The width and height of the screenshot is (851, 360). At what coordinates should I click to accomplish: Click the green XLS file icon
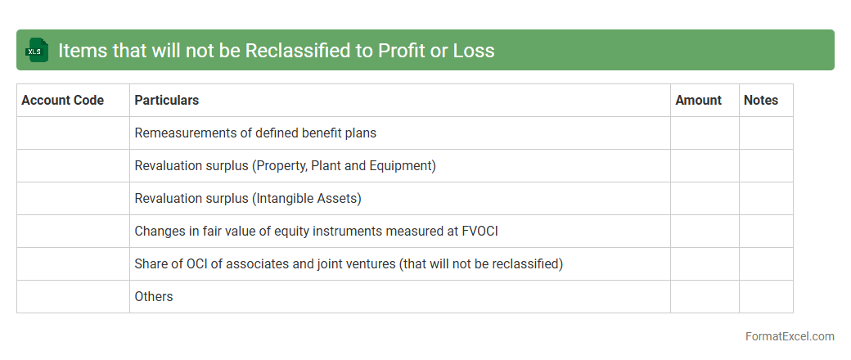point(37,50)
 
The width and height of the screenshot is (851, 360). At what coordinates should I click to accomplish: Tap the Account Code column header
point(62,100)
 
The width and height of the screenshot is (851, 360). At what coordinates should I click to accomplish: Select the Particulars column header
point(167,100)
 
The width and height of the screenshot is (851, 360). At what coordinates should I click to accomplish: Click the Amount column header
point(699,100)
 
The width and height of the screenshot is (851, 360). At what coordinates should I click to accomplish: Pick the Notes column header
point(761,100)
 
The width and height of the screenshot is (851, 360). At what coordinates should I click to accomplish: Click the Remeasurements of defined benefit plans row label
point(255,133)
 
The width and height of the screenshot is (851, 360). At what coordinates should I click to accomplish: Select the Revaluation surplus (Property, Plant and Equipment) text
point(286,165)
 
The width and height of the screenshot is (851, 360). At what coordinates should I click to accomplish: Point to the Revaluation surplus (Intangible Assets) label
point(248,198)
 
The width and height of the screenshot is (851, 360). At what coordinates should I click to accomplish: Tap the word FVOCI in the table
point(480,231)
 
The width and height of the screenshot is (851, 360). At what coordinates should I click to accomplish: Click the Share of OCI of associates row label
point(349,264)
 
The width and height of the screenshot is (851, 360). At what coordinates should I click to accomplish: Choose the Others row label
point(154,296)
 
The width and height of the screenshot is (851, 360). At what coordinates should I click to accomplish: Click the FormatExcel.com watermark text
point(790,336)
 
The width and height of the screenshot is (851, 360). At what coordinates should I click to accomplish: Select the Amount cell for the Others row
point(705,296)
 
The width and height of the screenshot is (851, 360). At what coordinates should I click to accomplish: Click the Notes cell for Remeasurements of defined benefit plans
point(766,133)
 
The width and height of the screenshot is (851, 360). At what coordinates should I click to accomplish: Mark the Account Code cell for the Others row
point(74,296)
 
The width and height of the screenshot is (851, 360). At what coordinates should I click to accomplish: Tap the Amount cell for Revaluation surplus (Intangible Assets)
point(705,198)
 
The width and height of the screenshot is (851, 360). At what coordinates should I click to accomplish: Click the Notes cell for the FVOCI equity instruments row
point(766,232)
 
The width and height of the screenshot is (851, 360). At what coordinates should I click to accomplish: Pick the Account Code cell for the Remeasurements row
point(74,133)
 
